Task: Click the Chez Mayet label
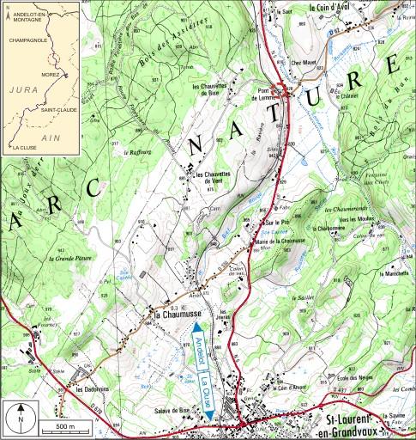pos(304,62)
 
